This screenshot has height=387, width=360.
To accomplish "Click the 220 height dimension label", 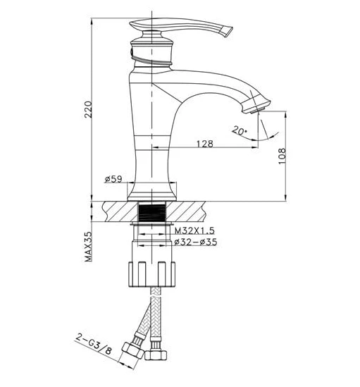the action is coord(88,109).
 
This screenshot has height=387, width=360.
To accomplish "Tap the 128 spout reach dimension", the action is coord(204,143).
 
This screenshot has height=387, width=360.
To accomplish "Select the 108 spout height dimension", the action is coord(282,156).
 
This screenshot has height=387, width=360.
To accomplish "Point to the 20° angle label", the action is coord(240,130).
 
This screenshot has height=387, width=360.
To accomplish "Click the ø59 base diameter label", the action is coord(113,179).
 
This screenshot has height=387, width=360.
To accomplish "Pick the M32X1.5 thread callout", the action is coord(194,231).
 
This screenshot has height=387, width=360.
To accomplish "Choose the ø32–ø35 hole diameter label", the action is coord(195,242).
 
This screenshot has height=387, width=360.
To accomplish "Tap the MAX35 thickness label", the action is coord(88,247).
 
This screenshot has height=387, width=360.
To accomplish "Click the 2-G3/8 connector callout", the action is coord(94,344).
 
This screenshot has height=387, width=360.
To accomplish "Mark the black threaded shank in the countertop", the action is coord(152,211).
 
